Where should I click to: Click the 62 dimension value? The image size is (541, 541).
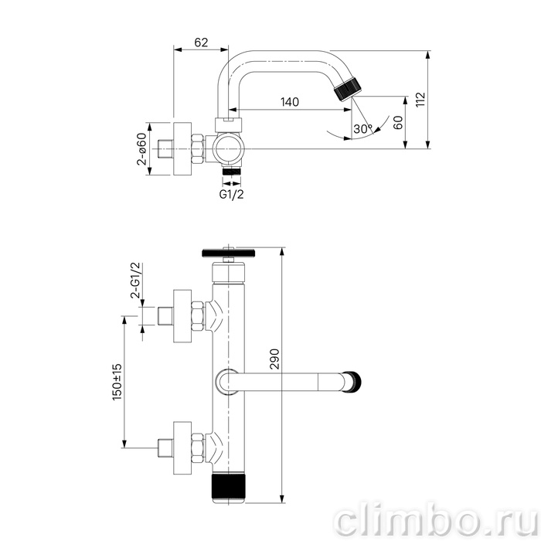click(x=201, y=43)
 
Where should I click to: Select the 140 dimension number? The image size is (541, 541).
click(x=290, y=102)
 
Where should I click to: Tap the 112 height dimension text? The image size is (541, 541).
click(x=421, y=100)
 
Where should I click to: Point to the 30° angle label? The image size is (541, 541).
click(x=363, y=129)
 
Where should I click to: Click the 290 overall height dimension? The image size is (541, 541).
click(x=274, y=359)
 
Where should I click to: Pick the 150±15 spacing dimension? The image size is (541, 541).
click(x=117, y=382)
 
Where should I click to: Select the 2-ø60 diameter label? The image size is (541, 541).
click(x=141, y=148)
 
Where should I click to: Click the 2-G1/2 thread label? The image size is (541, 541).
click(x=135, y=280)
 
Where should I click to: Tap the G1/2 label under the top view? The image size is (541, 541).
click(x=232, y=194)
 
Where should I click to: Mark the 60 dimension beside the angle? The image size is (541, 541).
click(x=398, y=123)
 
